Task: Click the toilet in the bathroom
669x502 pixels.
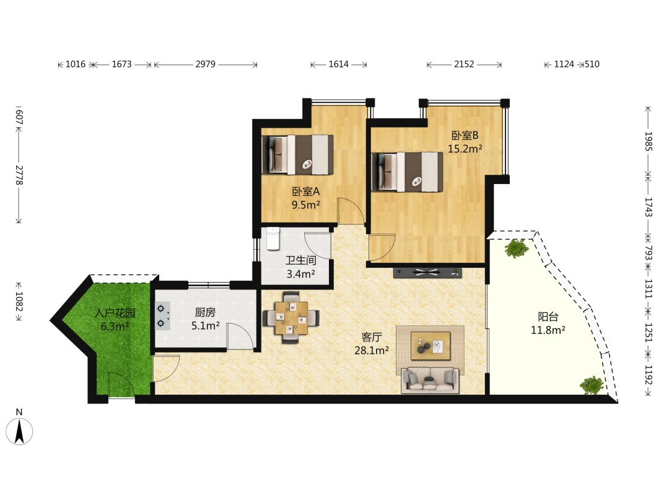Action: (x=272, y=239)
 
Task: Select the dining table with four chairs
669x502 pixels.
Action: (x=291, y=317)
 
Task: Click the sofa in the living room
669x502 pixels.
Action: (x=430, y=379)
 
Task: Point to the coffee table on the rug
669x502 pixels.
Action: (x=431, y=345)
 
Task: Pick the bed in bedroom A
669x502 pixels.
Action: (x=297, y=154)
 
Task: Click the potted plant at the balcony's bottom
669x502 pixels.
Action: (x=592, y=385)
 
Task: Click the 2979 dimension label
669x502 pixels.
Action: (x=205, y=64)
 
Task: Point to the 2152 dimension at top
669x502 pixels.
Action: (x=464, y=64)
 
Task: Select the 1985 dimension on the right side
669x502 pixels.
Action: (x=649, y=141)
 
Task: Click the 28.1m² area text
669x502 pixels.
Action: (x=372, y=350)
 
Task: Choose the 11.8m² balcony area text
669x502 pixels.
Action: (x=548, y=330)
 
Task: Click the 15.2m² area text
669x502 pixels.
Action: (x=465, y=149)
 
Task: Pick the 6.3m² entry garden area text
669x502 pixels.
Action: (x=115, y=327)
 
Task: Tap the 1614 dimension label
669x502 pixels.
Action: (x=338, y=64)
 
